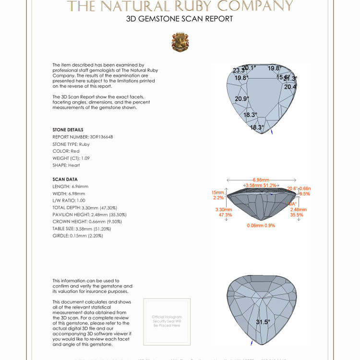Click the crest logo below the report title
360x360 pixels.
180,42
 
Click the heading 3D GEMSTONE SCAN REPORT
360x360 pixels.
180,19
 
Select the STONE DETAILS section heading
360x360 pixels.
68,130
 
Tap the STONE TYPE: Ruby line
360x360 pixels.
71,144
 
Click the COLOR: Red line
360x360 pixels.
66,151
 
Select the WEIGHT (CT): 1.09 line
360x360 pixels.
71,158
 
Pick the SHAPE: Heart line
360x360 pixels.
66,165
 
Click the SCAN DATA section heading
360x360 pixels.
65,179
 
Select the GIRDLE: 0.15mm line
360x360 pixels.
78,236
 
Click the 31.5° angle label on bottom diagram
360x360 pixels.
263,322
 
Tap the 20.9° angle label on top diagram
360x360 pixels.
242,99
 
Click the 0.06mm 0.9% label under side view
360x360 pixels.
261,226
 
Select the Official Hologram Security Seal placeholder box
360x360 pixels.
167,321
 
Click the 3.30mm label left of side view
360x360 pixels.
224,210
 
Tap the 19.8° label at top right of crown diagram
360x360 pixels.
275,69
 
